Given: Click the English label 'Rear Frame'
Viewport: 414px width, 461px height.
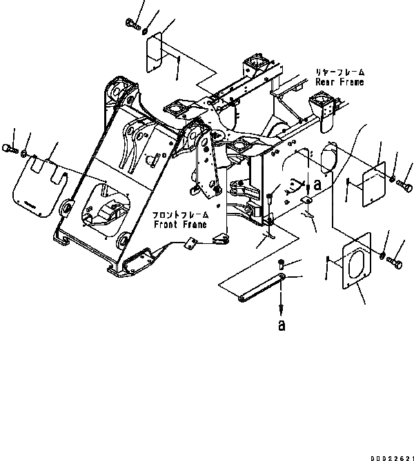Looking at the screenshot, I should pyautogui.click(x=339, y=82).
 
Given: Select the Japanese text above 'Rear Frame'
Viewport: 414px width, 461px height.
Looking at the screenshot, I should pyautogui.click(x=339, y=72).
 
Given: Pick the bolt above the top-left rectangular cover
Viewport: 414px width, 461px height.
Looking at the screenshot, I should pyautogui.click(x=130, y=25).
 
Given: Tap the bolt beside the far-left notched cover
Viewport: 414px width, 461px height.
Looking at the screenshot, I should pyautogui.click(x=9, y=147).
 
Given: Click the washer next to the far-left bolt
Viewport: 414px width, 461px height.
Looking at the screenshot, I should pyautogui.click(x=24, y=153).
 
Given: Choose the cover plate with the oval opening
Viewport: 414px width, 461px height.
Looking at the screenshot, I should pyautogui.click(x=357, y=264).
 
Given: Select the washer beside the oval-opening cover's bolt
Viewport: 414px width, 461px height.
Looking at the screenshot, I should pyautogui.click(x=383, y=256).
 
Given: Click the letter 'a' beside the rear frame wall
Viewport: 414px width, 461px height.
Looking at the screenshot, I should pyautogui.click(x=317, y=185).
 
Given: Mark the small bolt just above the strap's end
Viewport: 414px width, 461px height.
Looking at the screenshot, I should pyautogui.click(x=283, y=261).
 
